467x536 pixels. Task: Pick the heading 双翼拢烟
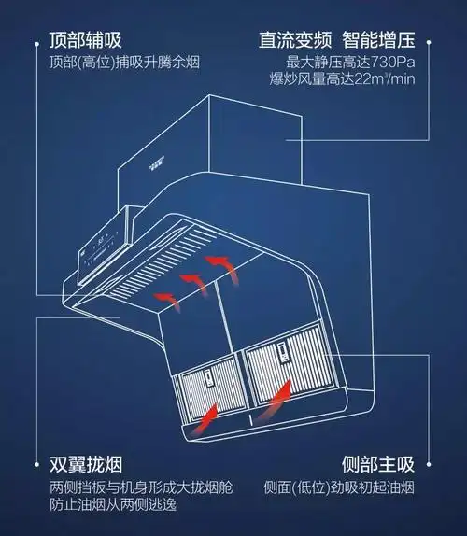(x=87, y=465)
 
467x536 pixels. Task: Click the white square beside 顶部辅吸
(x=36, y=41)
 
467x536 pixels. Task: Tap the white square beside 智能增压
(x=429, y=41)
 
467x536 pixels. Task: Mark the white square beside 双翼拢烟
(x=36, y=465)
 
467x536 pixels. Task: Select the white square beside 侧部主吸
(x=429, y=465)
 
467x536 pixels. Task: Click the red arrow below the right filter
(x=274, y=403)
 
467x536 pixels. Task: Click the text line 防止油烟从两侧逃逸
(x=115, y=505)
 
